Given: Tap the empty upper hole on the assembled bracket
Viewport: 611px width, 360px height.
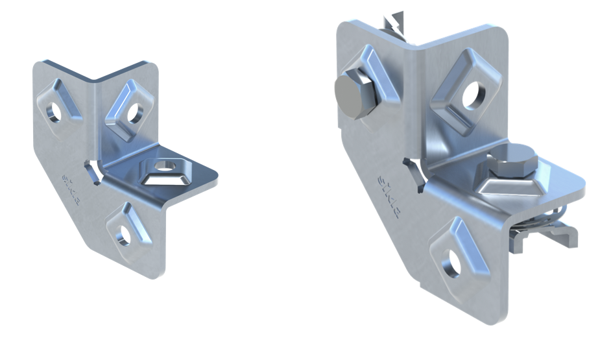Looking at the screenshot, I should pyautogui.click(x=472, y=94).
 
